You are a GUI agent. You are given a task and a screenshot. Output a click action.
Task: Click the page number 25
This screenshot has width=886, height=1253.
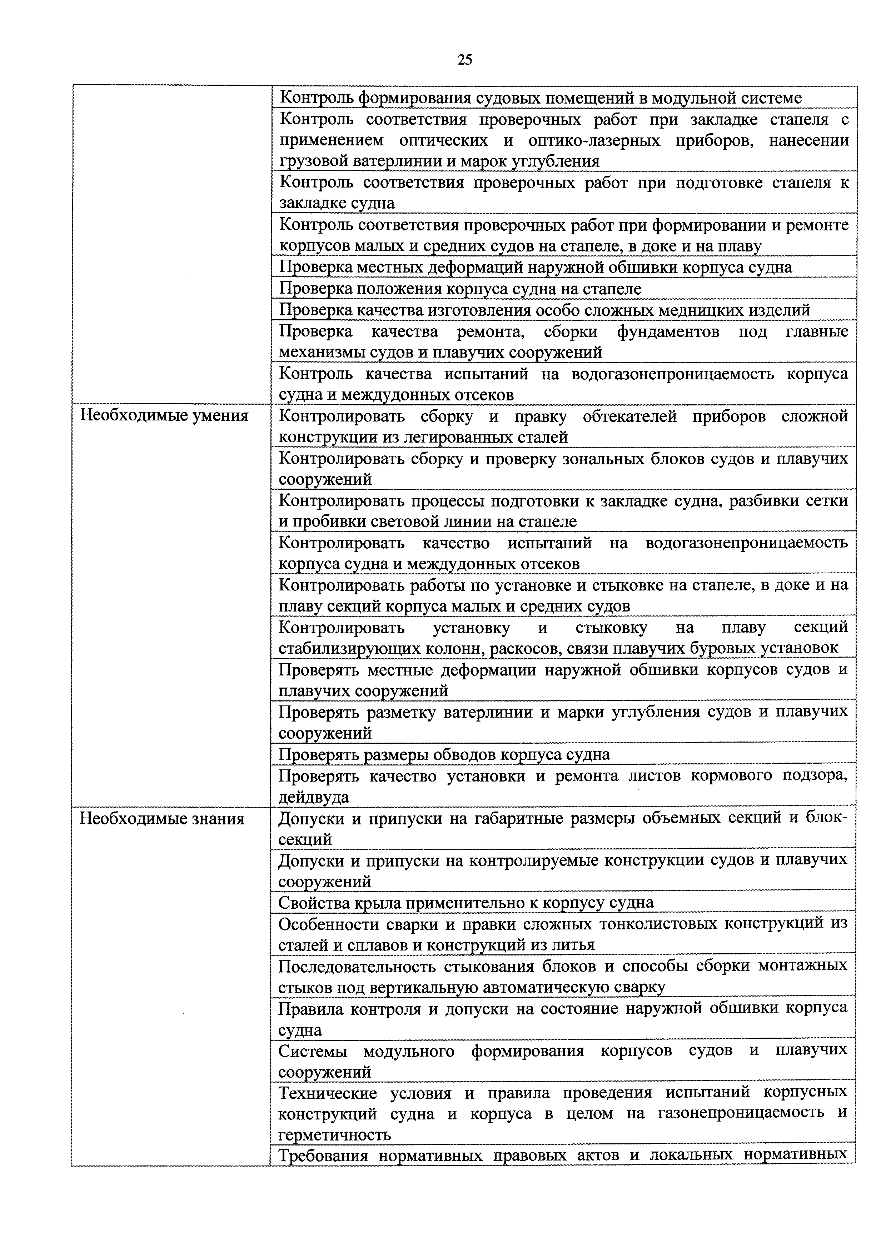pyautogui.click(x=464, y=60)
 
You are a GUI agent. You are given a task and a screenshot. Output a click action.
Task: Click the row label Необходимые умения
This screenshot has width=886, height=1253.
pyautogui.click(x=164, y=416)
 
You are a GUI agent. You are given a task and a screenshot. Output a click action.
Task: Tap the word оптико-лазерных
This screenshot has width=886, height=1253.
pyautogui.click(x=594, y=141)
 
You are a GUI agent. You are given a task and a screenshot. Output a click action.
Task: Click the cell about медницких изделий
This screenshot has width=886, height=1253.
pyautogui.click(x=544, y=310)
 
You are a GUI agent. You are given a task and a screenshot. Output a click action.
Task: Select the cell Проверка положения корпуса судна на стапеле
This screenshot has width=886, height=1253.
pyautogui.click(x=460, y=289)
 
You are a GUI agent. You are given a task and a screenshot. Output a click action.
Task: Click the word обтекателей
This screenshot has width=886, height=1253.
pyautogui.click(x=629, y=416)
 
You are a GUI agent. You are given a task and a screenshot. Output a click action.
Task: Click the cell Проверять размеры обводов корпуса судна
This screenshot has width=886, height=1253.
pyautogui.click(x=444, y=755)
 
